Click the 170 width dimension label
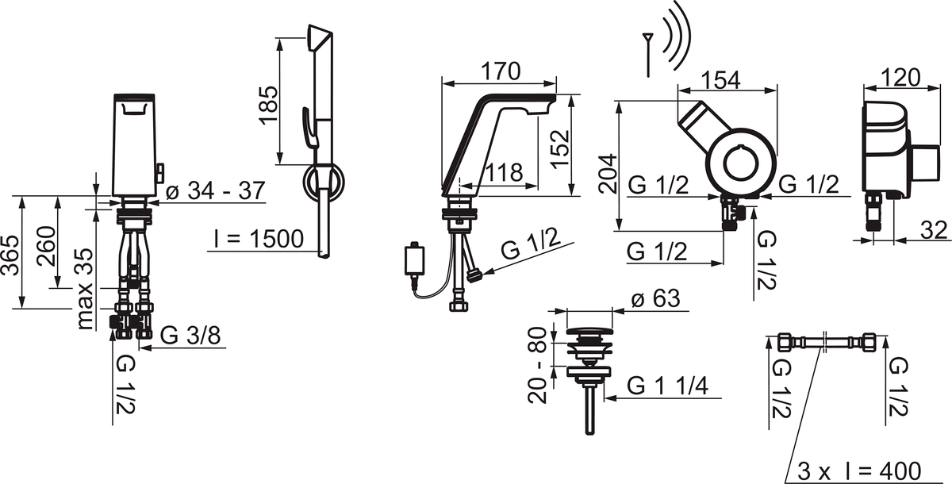501,71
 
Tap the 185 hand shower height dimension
269,105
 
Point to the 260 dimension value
46,247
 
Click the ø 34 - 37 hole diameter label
216,190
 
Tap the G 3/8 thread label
190,336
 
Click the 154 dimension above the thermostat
720,80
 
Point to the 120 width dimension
900,78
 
